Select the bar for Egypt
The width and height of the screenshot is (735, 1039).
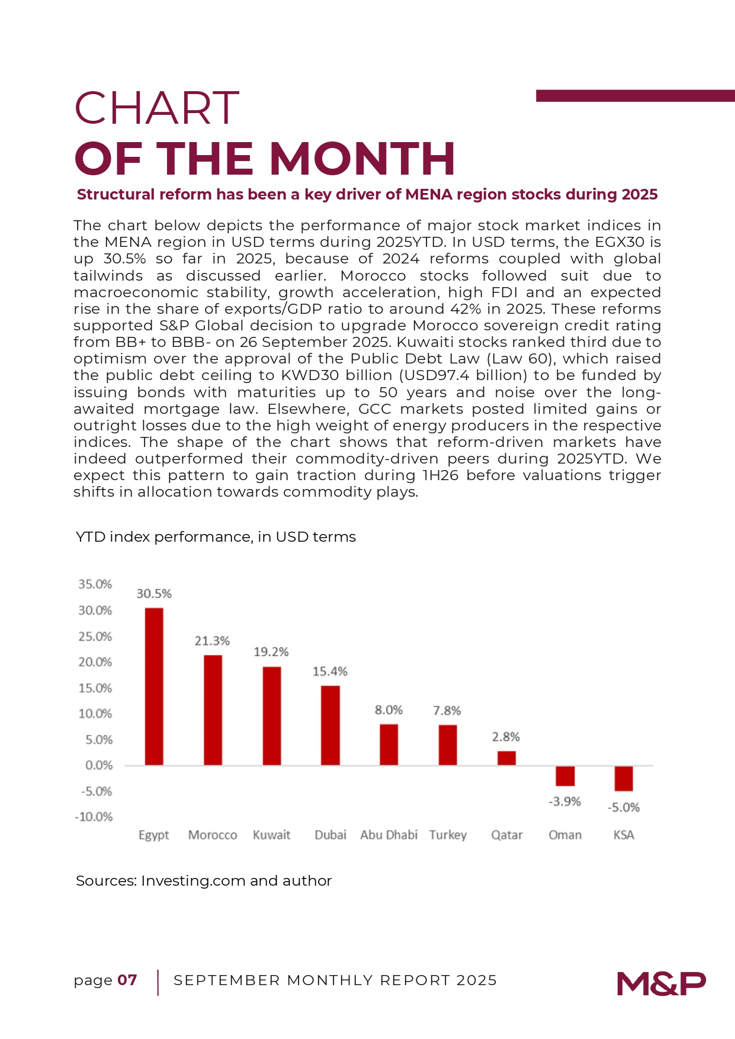click(x=154, y=687)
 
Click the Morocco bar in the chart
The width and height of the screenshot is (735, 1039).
click(x=213, y=710)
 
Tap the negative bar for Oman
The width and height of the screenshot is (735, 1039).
click(x=565, y=776)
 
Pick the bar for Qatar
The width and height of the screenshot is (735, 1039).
click(x=506, y=758)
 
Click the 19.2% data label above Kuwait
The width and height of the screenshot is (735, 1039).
click(x=271, y=652)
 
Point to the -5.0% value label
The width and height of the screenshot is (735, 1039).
click(x=624, y=808)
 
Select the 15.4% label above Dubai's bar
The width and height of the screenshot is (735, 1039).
click(x=330, y=671)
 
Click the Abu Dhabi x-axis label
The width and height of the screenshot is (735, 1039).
click(x=389, y=835)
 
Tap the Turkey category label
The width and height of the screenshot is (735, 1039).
click(x=448, y=835)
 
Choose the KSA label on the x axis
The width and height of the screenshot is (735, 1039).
click(x=624, y=835)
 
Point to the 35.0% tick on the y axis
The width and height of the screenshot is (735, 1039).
click(x=95, y=584)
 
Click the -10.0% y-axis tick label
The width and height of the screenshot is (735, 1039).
click(x=94, y=817)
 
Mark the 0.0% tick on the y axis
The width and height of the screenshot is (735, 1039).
click(x=98, y=765)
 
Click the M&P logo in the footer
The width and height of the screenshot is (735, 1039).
click(x=661, y=983)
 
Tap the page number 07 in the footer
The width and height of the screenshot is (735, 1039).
click(x=127, y=980)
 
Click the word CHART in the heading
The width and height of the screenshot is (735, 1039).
click(x=156, y=108)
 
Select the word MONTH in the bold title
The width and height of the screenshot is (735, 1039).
click(x=362, y=159)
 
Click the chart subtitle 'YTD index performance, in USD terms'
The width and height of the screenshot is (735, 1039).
click(x=216, y=537)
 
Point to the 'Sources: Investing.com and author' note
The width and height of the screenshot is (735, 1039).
click(x=204, y=881)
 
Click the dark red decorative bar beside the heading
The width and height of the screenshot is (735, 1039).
click(x=635, y=96)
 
